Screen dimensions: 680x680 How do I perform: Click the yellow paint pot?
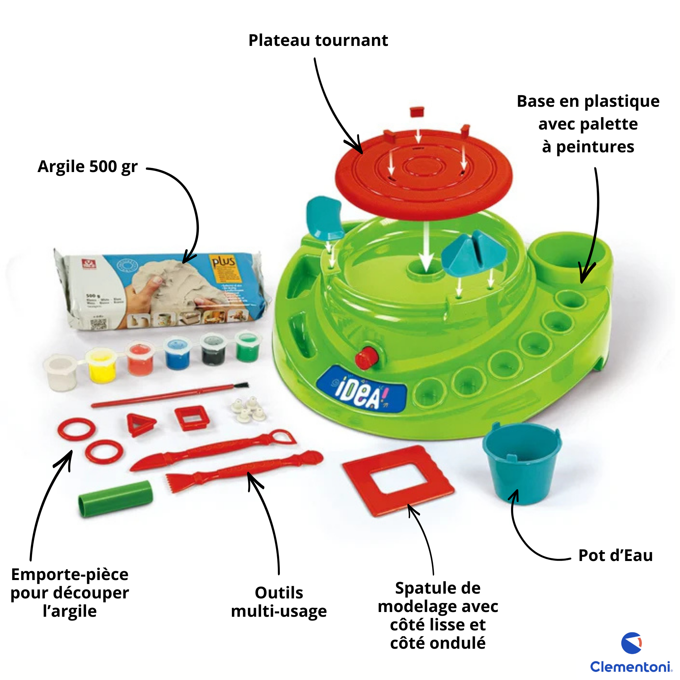[x=102, y=366]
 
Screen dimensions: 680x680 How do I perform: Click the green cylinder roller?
[x=116, y=498]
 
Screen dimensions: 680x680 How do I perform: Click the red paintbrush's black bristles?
[x=241, y=386]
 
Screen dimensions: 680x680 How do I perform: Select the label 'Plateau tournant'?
[x=318, y=40]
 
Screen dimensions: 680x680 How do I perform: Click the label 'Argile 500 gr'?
[x=87, y=167]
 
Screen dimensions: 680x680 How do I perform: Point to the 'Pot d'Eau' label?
[x=616, y=556]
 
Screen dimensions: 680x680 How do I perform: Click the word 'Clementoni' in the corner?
[x=630, y=666]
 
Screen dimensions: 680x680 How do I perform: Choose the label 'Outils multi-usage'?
[x=279, y=602]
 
